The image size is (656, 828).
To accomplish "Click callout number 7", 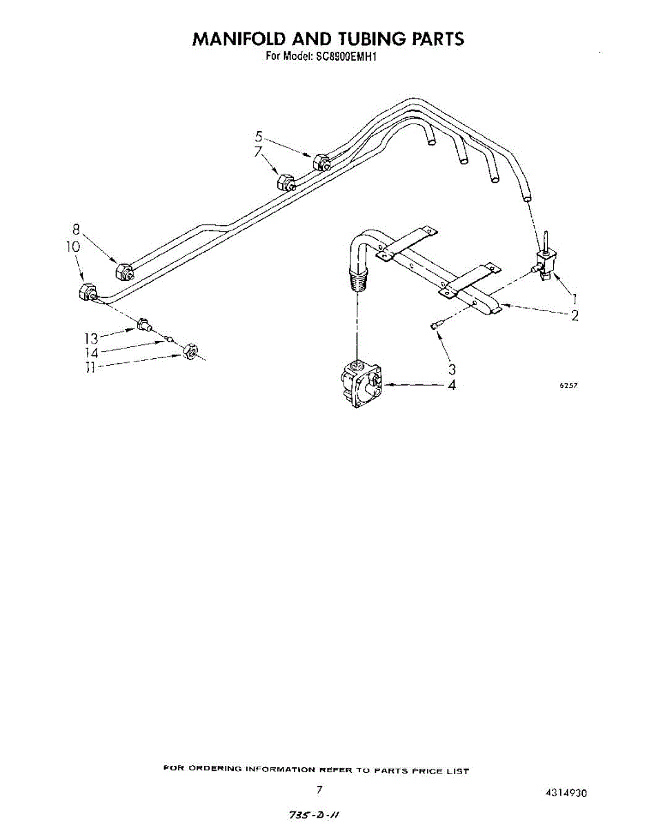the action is tap(259, 151).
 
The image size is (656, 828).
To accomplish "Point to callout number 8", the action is tap(77, 230).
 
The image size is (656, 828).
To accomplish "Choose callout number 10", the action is tap(74, 246).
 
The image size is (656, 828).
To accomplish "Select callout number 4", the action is tap(452, 385).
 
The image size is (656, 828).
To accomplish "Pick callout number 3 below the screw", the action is tap(452, 369).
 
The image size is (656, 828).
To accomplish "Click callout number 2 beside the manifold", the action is tap(575, 315).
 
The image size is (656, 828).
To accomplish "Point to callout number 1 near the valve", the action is tap(575, 299).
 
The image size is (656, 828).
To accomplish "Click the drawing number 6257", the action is tap(567, 386).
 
